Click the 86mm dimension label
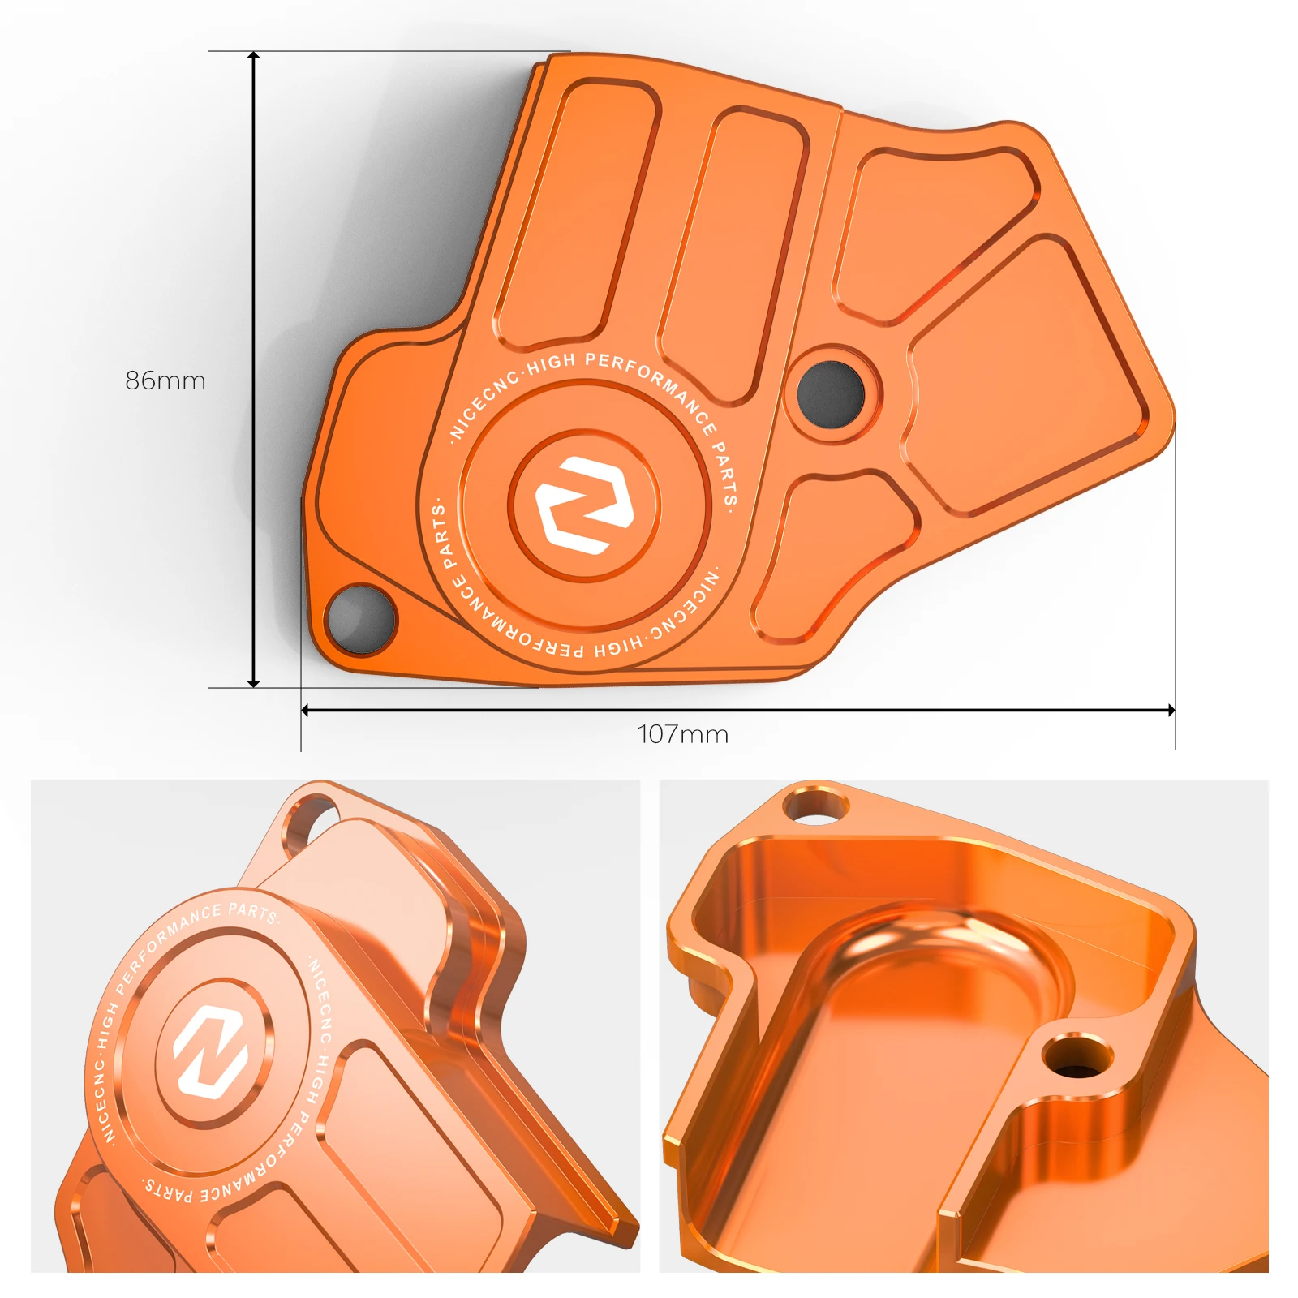click(165, 380)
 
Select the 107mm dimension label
click(683, 734)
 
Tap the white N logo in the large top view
click(584, 505)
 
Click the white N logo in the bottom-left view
click(211, 1051)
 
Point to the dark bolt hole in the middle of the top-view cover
click(831, 393)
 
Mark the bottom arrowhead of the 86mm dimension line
click(254, 683)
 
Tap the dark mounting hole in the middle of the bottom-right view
click(1077, 1058)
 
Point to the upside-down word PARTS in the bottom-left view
click(169, 1191)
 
